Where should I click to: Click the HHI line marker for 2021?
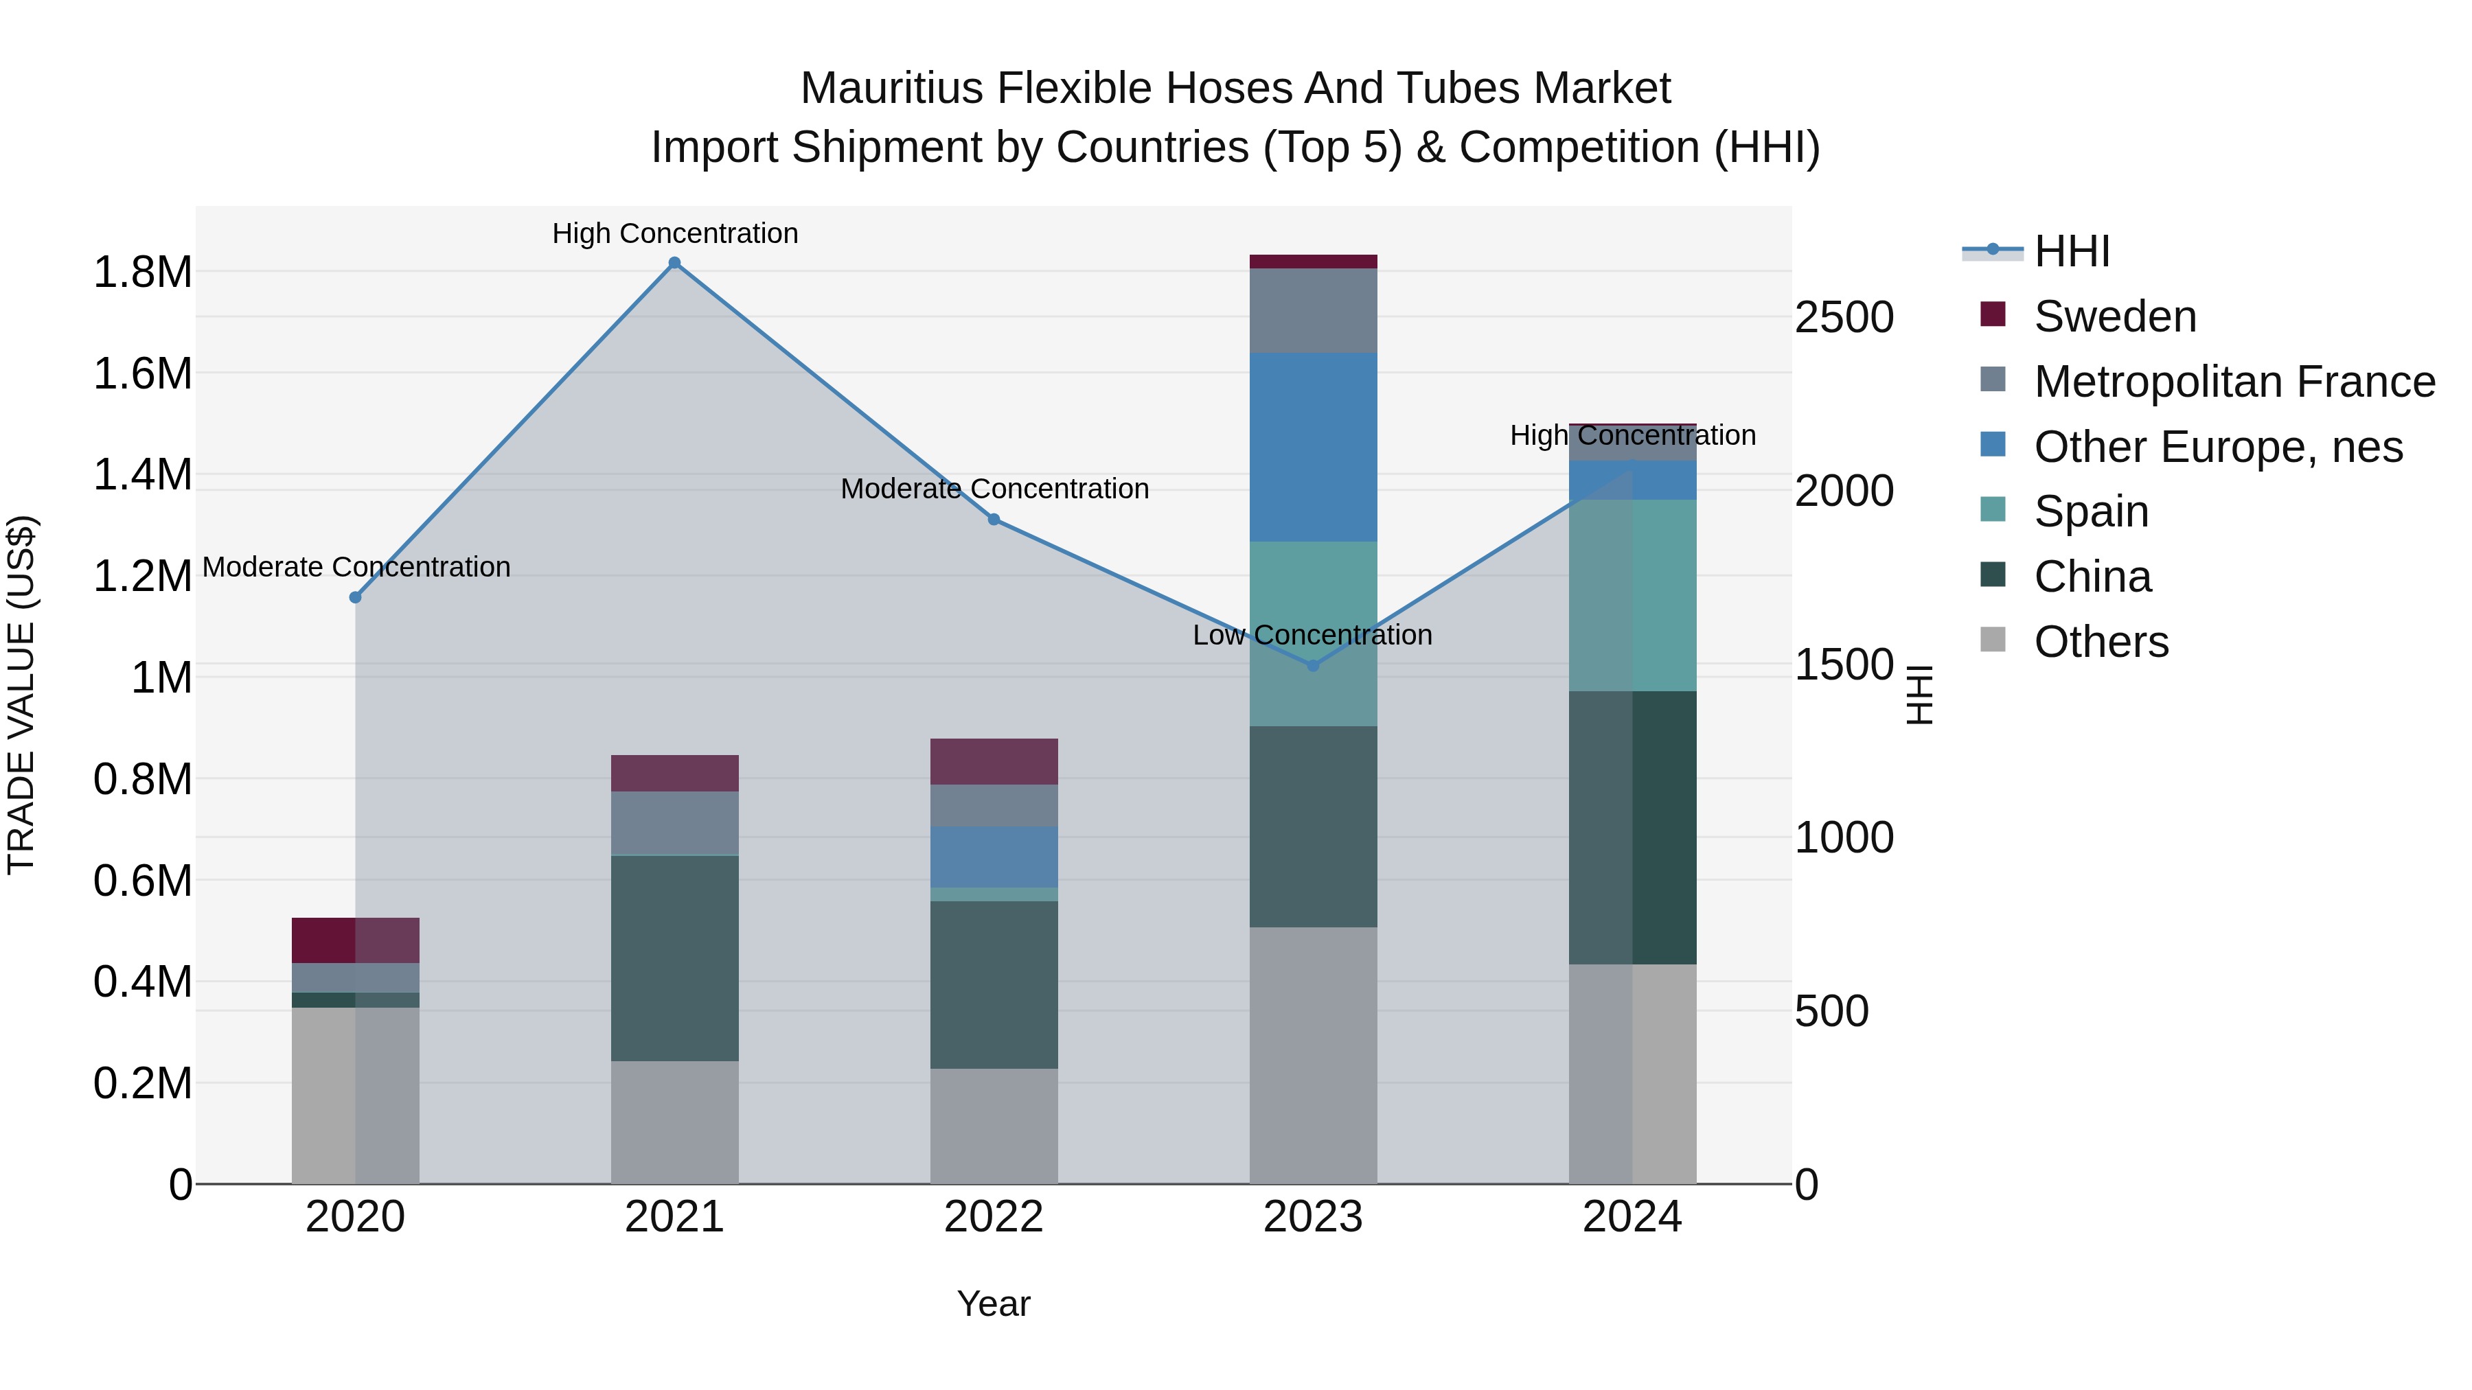click(x=674, y=263)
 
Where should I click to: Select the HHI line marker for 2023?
click(x=1313, y=666)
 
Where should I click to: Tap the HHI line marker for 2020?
click(x=355, y=598)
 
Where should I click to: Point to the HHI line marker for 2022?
click(x=994, y=520)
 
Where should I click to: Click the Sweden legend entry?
click(x=2114, y=316)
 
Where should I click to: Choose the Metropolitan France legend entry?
click(x=2234, y=382)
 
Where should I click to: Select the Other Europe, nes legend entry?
click(x=2218, y=447)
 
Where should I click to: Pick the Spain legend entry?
click(x=2091, y=511)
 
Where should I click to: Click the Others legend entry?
click(x=2101, y=642)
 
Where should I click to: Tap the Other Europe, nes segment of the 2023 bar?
click(x=1313, y=447)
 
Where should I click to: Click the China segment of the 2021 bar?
click(x=674, y=958)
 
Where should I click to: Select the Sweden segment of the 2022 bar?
click(x=994, y=762)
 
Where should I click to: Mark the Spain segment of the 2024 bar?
click(x=1632, y=594)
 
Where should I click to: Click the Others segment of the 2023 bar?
click(x=1313, y=1055)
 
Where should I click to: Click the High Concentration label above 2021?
click(x=674, y=234)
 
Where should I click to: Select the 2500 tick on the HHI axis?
click(x=1844, y=318)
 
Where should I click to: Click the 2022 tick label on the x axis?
click(x=994, y=1217)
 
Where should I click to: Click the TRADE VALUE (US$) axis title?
click(x=21, y=695)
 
